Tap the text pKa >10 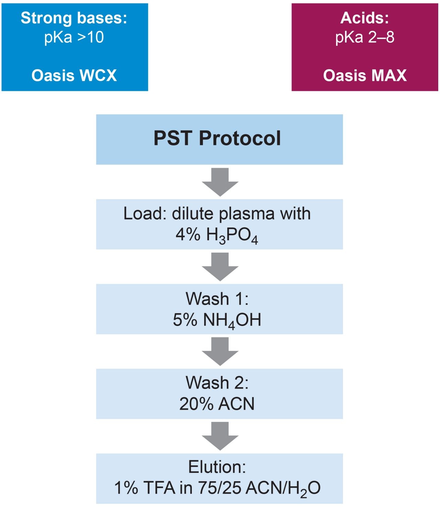pyautogui.click(x=74, y=37)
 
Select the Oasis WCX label pyautogui.click(x=74, y=75)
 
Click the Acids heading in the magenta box pyautogui.click(x=365, y=18)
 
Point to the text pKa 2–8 pyautogui.click(x=365, y=37)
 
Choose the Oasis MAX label pyautogui.click(x=365, y=75)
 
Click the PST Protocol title pyautogui.click(x=217, y=138)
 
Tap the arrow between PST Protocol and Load pyautogui.click(x=220, y=182)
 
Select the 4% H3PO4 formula pyautogui.click(x=217, y=236)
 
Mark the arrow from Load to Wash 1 pyautogui.click(x=220, y=266)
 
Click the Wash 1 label pyautogui.click(x=217, y=298)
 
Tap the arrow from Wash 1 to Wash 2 pyautogui.click(x=220, y=351)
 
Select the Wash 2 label pyautogui.click(x=217, y=383)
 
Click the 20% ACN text pyautogui.click(x=217, y=404)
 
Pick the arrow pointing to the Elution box pyautogui.click(x=220, y=436)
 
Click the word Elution pyautogui.click(x=217, y=467)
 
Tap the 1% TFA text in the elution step pyautogui.click(x=144, y=488)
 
